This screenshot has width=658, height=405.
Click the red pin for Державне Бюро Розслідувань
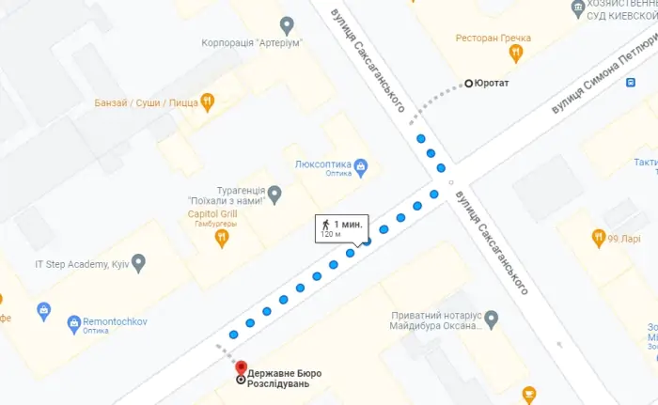point(240,367)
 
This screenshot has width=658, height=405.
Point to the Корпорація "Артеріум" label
point(250,43)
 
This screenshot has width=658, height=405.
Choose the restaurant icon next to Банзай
point(208,101)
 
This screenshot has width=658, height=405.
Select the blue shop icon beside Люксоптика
point(360,167)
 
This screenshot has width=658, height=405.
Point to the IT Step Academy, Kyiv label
point(79,264)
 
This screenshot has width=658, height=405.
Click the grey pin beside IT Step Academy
point(139,263)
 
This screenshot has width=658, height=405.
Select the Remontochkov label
point(121,320)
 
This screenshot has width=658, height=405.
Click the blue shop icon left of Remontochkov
point(74,324)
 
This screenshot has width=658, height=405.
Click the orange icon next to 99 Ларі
point(598,238)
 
